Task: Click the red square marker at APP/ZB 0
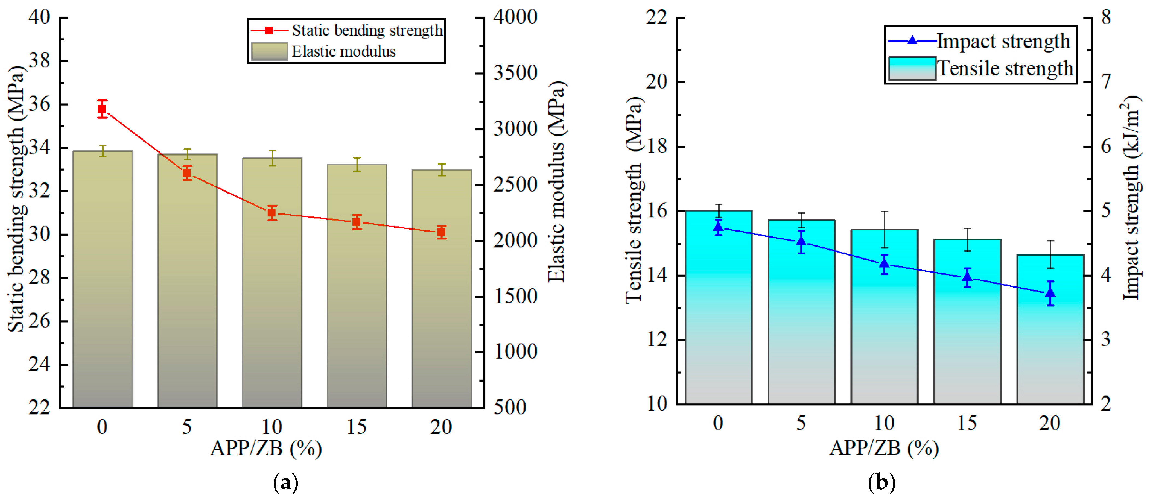click(102, 108)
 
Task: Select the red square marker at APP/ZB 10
click(272, 213)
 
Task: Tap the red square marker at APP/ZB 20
click(441, 232)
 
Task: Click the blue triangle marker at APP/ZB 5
click(801, 242)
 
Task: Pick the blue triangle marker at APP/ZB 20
click(1050, 293)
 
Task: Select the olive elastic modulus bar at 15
click(357, 286)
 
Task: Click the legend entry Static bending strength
click(367, 30)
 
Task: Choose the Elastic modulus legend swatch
click(269, 51)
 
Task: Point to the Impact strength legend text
click(1003, 41)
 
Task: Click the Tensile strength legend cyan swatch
click(912, 68)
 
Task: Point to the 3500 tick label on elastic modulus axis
click(515, 73)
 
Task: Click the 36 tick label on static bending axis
click(39, 104)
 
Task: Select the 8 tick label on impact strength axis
click(1105, 17)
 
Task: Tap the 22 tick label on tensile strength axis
click(657, 17)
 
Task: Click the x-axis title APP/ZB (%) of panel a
click(266, 448)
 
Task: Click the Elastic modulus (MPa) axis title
click(557, 181)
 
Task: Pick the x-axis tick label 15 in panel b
click(967, 423)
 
